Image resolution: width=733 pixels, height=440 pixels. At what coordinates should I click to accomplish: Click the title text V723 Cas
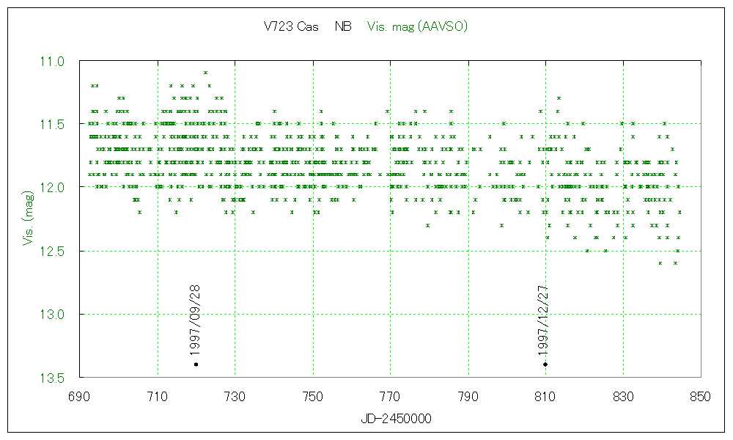[291, 26]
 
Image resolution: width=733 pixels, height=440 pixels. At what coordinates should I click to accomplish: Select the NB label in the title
[343, 26]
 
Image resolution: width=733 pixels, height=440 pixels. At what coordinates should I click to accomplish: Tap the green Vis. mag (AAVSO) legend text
[417, 26]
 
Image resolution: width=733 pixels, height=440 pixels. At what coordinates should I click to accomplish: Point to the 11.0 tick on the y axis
[55, 61]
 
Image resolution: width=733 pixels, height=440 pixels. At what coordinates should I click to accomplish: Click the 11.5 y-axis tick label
[55, 125]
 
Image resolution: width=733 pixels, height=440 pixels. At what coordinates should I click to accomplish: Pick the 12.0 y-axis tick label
[55, 188]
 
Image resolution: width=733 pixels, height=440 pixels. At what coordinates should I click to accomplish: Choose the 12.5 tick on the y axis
[55, 252]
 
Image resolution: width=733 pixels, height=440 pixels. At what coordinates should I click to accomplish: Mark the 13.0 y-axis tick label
[55, 315]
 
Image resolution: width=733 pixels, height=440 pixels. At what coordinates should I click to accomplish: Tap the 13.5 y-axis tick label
[55, 378]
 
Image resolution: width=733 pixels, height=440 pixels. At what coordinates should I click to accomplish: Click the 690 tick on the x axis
[80, 396]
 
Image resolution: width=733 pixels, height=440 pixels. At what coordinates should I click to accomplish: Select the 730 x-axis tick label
[235, 396]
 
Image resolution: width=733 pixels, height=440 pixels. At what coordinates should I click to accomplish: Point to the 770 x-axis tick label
[391, 396]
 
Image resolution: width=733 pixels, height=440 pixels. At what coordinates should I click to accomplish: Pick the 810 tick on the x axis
[545, 396]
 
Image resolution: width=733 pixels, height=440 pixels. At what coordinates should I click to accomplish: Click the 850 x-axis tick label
[701, 396]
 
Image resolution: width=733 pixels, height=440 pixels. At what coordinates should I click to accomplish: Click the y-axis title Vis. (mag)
[29, 219]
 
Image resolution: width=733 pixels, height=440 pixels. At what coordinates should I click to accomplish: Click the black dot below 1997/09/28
[196, 364]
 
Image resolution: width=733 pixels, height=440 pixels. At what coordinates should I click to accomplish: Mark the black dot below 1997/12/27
[545, 364]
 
